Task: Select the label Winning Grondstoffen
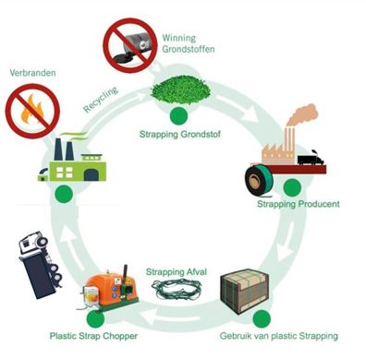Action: pos(190,42)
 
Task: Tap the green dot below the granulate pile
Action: pos(177,114)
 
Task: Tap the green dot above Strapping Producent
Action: pos(292,187)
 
